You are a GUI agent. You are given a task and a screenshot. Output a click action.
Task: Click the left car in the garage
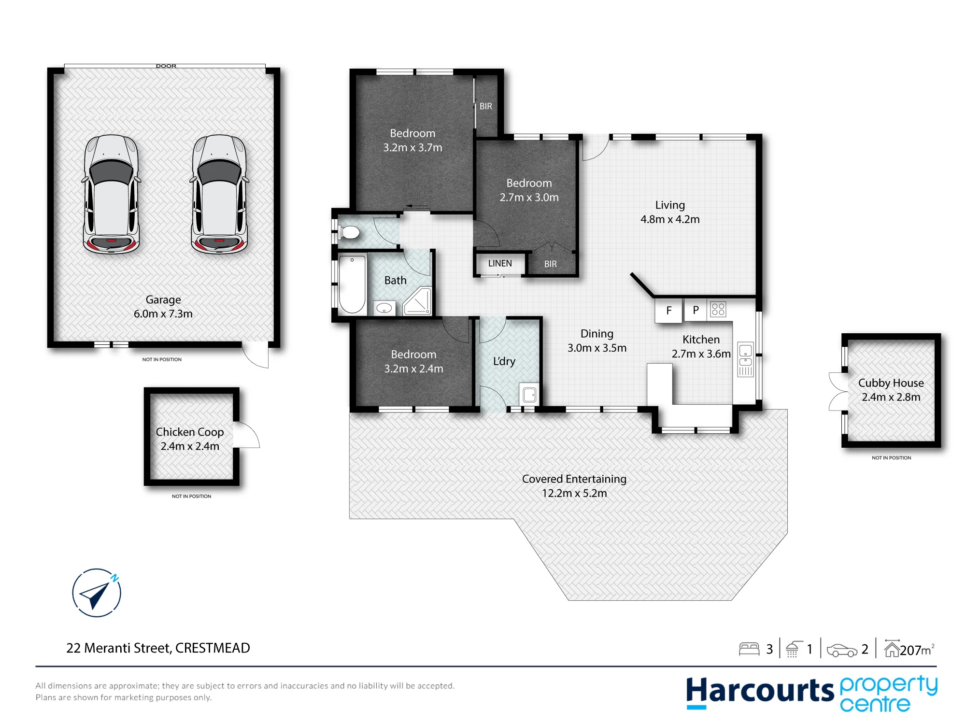tap(111, 194)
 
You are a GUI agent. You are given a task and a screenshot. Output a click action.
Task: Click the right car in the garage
tap(219, 194)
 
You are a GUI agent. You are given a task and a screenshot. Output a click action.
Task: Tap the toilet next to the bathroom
tap(349, 232)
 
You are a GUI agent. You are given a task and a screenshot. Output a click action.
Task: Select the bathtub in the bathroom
tap(352, 284)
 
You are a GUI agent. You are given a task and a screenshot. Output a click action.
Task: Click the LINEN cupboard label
tap(500, 263)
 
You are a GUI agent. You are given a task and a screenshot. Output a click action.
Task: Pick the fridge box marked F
tap(668, 310)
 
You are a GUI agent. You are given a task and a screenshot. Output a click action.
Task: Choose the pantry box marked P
tap(696, 310)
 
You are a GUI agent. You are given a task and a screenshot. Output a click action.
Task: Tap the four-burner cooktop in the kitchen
tap(718, 309)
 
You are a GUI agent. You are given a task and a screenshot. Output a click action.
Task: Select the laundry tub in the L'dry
tap(529, 394)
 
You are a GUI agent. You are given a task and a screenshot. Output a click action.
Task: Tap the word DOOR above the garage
tap(166, 66)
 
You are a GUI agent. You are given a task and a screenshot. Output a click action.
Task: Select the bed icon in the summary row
tap(749, 649)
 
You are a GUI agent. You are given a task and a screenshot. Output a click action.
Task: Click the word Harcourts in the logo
tap(760, 691)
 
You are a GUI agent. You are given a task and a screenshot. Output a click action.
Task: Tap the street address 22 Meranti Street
tap(118, 648)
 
